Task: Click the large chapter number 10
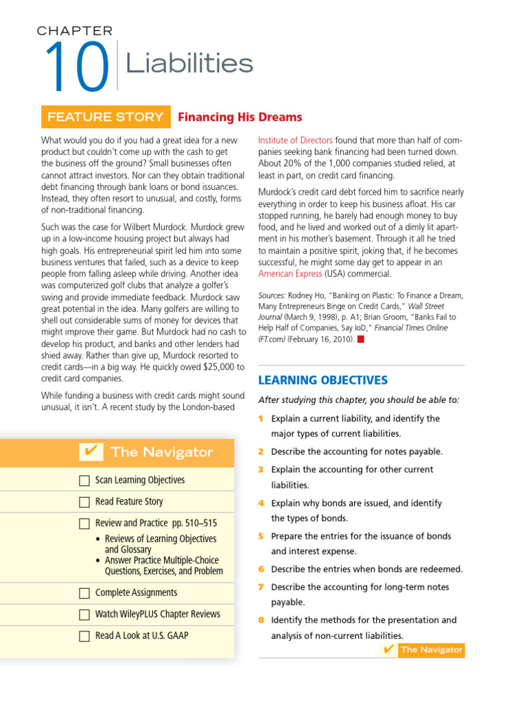[76, 67]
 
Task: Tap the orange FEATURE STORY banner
[105, 117]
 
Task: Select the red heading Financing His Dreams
[239, 117]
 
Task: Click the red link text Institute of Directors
[295, 140]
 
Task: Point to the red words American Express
[290, 274]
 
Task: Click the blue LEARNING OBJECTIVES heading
[323, 380]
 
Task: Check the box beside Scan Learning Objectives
[84, 481]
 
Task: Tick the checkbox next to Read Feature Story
[84, 502]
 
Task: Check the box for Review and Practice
[84, 524]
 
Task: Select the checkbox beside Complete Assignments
[84, 593]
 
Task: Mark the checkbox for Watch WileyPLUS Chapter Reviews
[84, 614]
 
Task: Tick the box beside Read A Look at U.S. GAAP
[84, 636]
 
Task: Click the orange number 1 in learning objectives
[261, 419]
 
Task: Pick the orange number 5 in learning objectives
[261, 536]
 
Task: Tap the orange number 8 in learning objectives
[261, 620]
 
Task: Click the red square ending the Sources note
[360, 339]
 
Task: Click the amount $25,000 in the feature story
[217, 368]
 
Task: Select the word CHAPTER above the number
[75, 31]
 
